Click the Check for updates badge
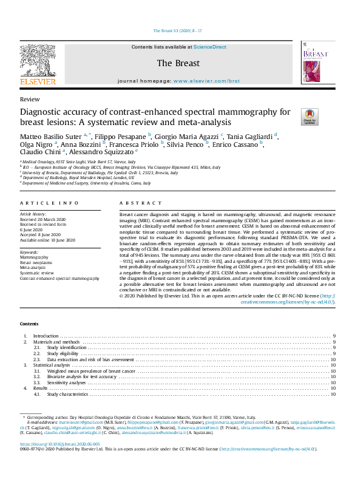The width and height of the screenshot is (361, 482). click(293, 116)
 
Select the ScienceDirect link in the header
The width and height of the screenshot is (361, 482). click(210, 47)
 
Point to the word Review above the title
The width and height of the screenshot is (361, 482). click(30, 99)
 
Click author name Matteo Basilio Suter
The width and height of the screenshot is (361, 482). click(52, 135)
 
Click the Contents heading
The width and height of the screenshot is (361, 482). click(29, 324)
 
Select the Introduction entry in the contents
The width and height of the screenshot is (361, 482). click(46, 336)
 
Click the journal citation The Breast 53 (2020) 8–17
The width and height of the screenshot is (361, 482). click(180, 30)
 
